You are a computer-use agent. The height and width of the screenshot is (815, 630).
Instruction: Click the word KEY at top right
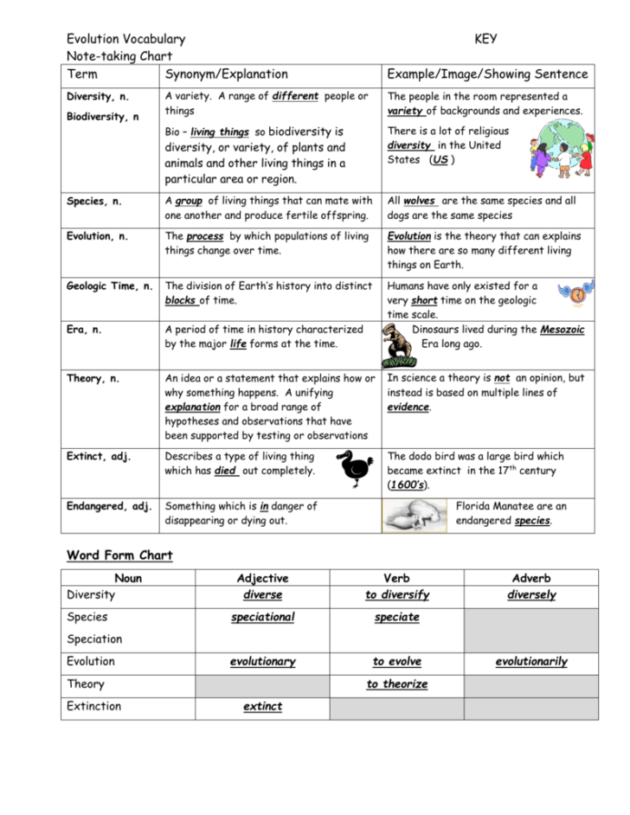[x=485, y=39]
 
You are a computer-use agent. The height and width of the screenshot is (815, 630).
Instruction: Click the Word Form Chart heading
[x=119, y=555]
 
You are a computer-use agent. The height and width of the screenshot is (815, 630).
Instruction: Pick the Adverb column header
[x=530, y=578]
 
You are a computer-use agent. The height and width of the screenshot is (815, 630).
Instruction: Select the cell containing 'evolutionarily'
[x=530, y=662]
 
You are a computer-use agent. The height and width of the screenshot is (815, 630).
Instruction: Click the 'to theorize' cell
[x=396, y=684]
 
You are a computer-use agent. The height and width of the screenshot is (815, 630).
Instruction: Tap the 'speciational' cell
[x=262, y=618]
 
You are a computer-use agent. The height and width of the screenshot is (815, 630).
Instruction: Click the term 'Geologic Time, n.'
[x=110, y=286]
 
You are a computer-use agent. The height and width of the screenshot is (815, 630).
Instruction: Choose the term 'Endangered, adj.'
[x=109, y=506]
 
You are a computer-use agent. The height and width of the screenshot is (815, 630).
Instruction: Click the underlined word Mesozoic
[x=562, y=330]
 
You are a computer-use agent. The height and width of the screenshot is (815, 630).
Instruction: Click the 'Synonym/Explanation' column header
[x=226, y=74]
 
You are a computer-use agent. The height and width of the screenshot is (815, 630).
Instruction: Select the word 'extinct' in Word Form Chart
[x=262, y=707]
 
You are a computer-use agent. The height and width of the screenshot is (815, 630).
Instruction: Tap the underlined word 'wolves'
[x=420, y=201]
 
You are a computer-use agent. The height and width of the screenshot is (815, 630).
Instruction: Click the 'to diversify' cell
[x=396, y=595]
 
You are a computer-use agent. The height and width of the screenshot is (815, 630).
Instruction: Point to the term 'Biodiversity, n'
[x=102, y=117]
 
